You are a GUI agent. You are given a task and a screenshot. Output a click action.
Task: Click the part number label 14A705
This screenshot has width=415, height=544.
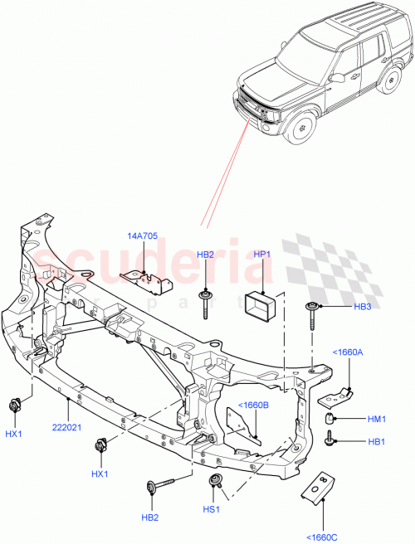pos(143,236)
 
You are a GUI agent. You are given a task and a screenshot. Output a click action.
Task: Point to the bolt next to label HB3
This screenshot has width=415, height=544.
pos(312,314)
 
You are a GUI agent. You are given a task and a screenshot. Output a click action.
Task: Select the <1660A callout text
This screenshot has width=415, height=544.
pos(349,352)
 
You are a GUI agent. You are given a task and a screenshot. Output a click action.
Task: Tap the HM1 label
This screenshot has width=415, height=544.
pos(376,420)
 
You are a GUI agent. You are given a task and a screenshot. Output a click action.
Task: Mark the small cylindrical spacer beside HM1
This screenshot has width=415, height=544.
pos(330,419)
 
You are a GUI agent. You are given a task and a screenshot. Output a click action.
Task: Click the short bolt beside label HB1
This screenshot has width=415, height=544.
pos(331,438)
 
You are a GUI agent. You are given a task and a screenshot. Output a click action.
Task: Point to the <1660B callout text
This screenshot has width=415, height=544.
pos(254,405)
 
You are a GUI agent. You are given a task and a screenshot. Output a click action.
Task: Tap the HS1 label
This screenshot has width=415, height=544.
pos(212,509)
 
